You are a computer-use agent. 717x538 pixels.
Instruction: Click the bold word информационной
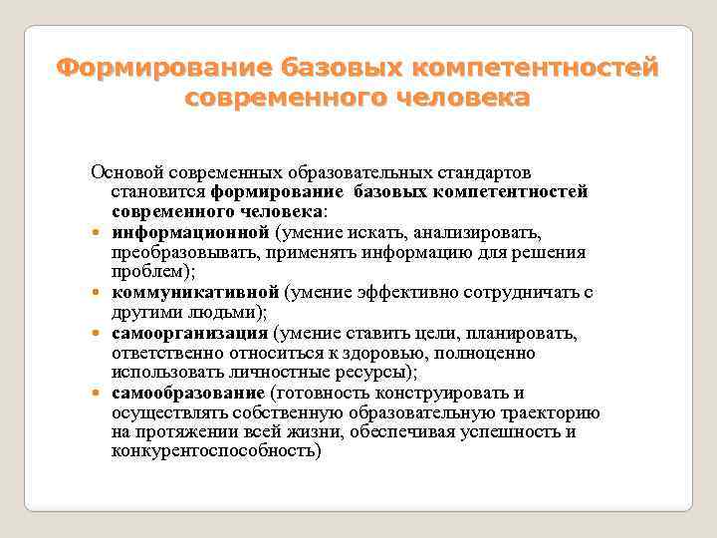pos(190,232)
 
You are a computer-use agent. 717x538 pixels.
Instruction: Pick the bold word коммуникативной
pos(195,292)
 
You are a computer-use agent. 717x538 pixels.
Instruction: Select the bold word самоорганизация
pos(190,333)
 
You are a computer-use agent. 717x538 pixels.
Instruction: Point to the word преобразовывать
pos(182,252)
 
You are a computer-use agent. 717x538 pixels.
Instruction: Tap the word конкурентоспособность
pos(216,451)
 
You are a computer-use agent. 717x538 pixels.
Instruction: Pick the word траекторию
pos(550,411)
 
